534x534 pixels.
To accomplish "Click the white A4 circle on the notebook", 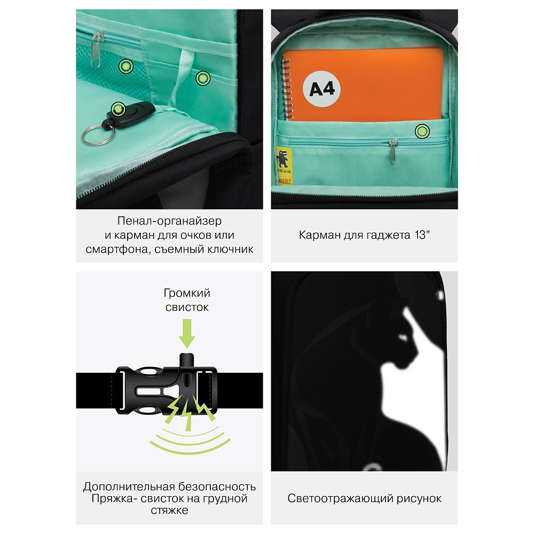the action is pyautogui.click(x=321, y=89).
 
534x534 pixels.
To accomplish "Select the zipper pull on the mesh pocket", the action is pyautogui.click(x=96, y=50).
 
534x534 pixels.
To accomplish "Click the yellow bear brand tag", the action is pyautogui.click(x=284, y=166).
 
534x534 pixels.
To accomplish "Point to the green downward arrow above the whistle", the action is pyautogui.click(x=187, y=333).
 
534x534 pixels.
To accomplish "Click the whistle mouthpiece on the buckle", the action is pyautogui.click(x=186, y=360).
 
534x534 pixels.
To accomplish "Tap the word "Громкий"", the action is pyautogui.click(x=187, y=293).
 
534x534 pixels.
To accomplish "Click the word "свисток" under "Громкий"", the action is pyautogui.click(x=187, y=307).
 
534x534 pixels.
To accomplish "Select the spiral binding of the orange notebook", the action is pyautogui.click(x=287, y=90).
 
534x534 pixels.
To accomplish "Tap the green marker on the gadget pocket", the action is pyautogui.click(x=422, y=131).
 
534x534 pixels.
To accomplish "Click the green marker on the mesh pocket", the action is pyautogui.click(x=125, y=66).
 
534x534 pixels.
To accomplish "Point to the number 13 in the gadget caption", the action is pyautogui.click(x=420, y=235).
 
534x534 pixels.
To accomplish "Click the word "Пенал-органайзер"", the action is pyautogui.click(x=169, y=221).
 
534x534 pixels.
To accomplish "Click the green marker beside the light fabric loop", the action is pyautogui.click(x=202, y=78).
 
